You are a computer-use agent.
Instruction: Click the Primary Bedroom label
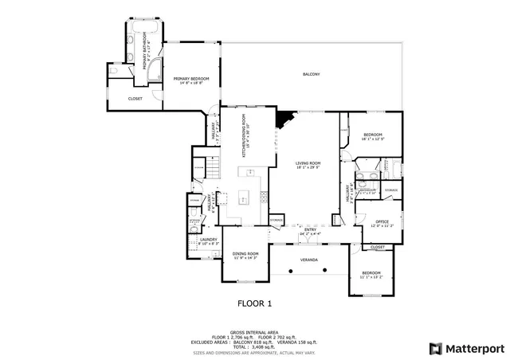click(191, 79)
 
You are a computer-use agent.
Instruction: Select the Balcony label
click(311, 74)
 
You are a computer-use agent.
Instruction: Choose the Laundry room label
click(209, 239)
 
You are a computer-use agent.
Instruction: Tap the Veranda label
click(308, 260)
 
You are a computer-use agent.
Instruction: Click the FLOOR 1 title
click(255, 303)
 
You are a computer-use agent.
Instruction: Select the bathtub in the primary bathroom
click(144, 31)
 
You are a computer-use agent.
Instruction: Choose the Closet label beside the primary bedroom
click(135, 99)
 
